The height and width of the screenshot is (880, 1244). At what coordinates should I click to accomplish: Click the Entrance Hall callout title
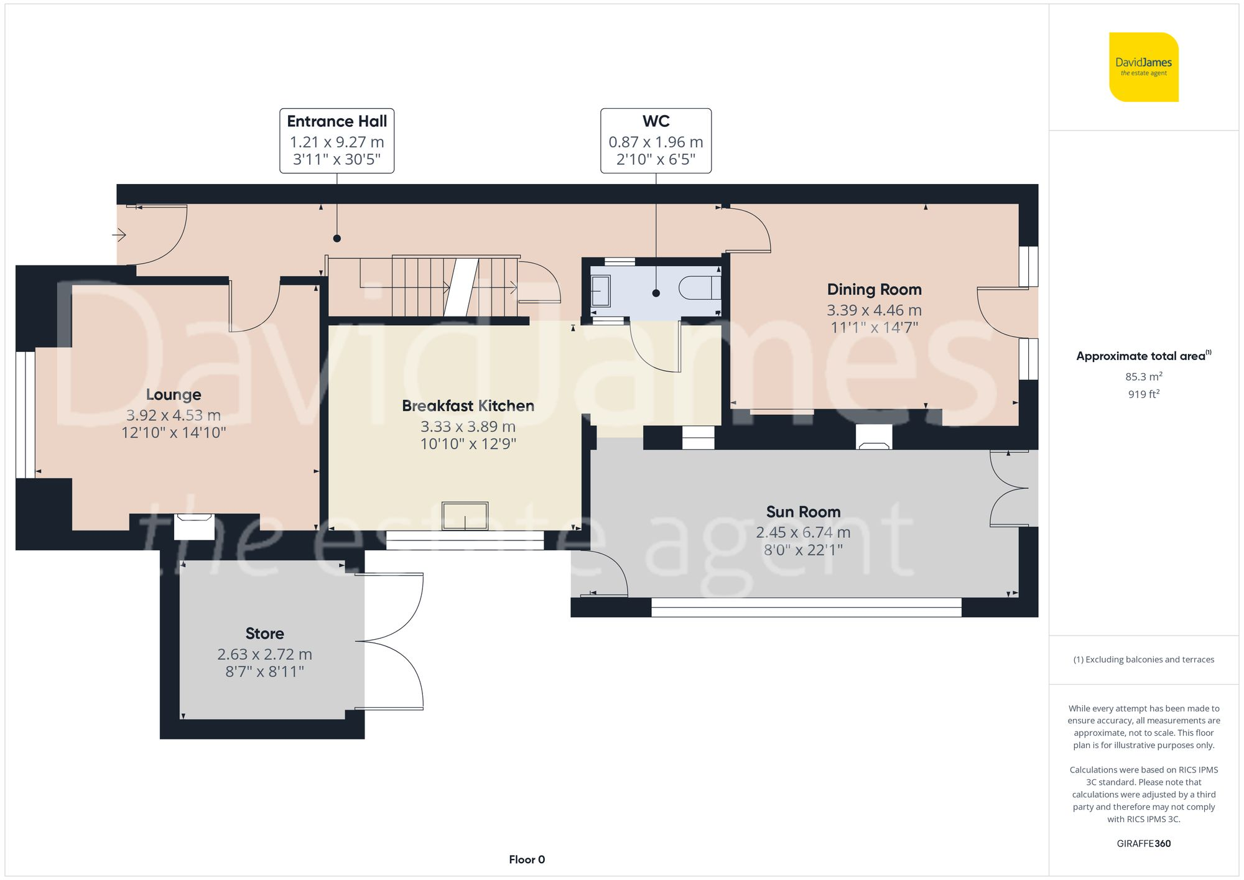(337, 121)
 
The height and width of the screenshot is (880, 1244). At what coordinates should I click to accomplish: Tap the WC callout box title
(656, 121)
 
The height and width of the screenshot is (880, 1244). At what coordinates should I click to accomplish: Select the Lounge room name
(174, 395)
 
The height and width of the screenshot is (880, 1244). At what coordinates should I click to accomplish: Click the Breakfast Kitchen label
(468, 406)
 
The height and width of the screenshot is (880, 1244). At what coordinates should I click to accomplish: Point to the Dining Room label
(875, 290)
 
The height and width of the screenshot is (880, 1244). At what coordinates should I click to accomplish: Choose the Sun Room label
(803, 512)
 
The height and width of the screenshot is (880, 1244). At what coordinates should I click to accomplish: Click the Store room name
(265, 634)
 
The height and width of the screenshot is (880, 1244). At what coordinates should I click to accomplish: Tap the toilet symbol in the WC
(700, 289)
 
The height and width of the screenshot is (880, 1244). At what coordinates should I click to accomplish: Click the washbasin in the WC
(600, 290)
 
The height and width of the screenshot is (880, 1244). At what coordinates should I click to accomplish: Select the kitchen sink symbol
(465, 516)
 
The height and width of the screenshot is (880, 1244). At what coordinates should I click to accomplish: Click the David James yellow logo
(1144, 67)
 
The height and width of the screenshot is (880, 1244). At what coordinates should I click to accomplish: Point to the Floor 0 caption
(527, 859)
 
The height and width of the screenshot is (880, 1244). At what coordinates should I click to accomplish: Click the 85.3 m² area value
(1144, 376)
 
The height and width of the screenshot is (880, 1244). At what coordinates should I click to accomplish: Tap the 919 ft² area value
(1144, 394)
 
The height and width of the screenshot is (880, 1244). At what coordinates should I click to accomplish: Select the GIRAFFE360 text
(1144, 844)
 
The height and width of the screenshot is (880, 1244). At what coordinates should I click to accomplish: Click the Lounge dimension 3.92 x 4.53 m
(174, 415)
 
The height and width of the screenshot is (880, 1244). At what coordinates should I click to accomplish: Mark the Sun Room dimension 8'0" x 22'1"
(803, 550)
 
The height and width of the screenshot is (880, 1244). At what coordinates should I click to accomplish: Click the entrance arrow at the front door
(119, 235)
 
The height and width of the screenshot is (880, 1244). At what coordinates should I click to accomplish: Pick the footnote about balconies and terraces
(1144, 659)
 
